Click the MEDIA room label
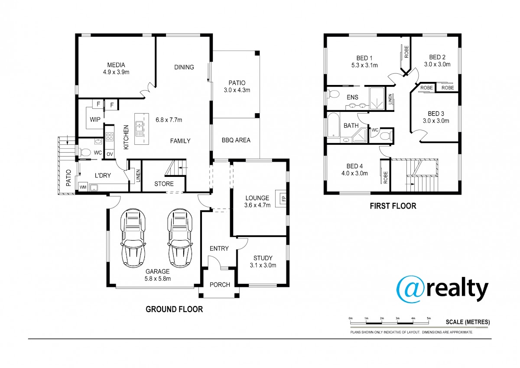116,65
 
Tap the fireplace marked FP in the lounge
281,199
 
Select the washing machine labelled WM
83,187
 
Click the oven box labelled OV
110,154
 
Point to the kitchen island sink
139,129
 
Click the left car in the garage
133,238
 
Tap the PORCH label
220,285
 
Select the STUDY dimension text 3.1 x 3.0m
263,265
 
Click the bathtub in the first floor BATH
333,125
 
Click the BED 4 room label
354,166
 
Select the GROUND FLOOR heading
174,309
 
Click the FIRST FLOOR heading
393,206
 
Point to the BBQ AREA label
236,140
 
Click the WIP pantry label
95,120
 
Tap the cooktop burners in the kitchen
110,137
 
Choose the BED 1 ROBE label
406,52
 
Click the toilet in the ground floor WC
85,152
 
